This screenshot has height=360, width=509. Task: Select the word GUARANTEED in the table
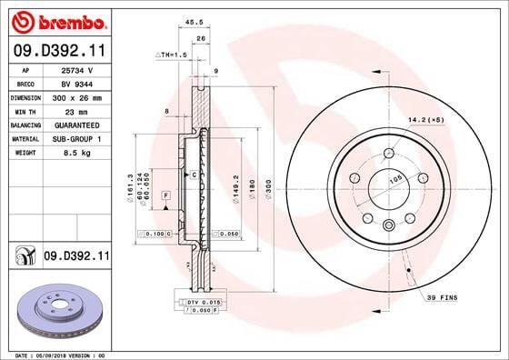(85, 124)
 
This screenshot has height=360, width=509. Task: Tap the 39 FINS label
(443, 297)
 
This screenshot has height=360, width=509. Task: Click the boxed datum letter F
(166, 195)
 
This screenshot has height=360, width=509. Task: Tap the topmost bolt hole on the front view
(389, 153)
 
